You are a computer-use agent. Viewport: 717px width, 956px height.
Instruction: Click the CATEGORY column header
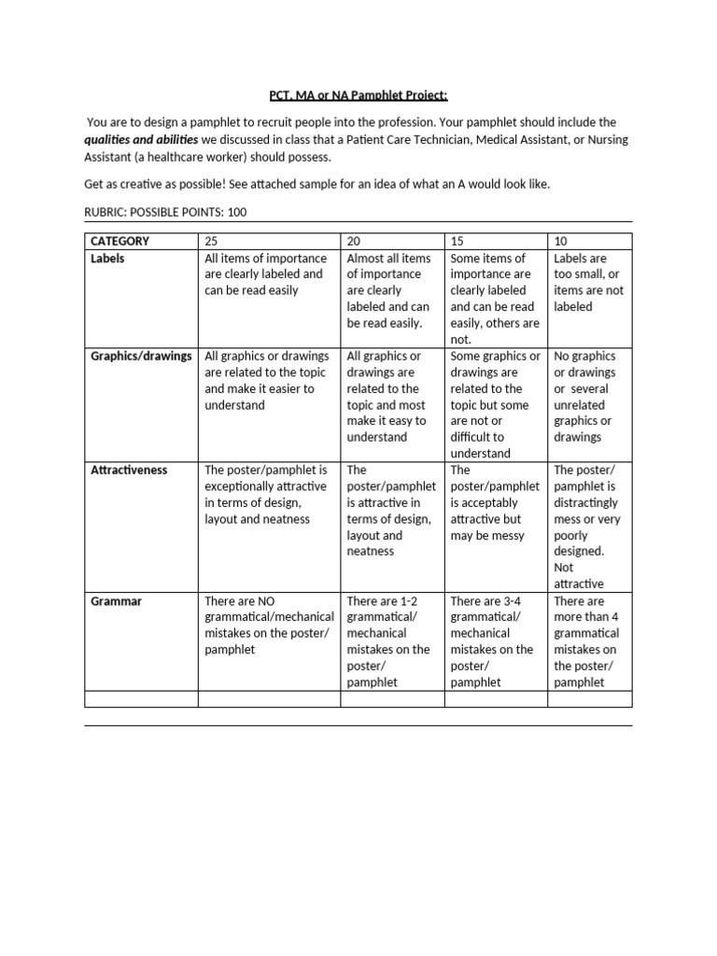click(x=119, y=241)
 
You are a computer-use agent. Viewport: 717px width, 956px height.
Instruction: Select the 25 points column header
click(x=211, y=241)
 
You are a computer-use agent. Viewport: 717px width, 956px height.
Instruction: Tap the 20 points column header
click(x=354, y=241)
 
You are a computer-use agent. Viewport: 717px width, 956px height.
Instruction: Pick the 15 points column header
click(x=457, y=241)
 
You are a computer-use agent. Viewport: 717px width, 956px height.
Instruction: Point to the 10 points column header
click(x=561, y=241)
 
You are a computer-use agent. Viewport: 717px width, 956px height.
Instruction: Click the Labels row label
click(x=107, y=259)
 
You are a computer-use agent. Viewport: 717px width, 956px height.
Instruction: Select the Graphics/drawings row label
click(x=141, y=356)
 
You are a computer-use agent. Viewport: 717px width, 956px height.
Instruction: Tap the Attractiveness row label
click(x=129, y=470)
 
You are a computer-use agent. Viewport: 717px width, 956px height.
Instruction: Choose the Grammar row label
click(x=116, y=601)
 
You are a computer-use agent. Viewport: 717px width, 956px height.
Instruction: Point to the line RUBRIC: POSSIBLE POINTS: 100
click(x=165, y=212)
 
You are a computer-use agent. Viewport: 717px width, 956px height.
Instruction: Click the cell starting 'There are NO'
click(x=268, y=625)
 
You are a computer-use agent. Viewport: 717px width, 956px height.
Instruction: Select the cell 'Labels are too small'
click(x=588, y=282)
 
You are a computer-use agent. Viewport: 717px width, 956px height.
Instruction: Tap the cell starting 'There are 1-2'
click(x=390, y=641)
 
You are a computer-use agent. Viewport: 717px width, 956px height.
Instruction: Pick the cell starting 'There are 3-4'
click(x=494, y=641)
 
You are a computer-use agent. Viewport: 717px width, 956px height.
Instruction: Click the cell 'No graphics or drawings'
click(x=588, y=396)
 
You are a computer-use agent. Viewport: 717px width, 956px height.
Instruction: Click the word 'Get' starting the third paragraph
click(x=94, y=184)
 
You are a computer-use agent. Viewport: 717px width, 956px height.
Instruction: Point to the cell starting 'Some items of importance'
click(x=494, y=298)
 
